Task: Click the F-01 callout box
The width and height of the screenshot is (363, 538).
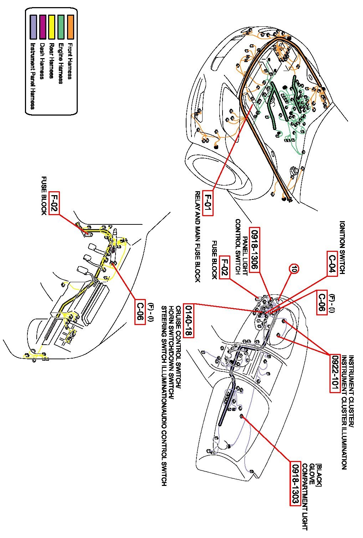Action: tap(208, 203)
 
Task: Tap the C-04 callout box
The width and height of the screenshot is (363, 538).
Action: tap(332, 263)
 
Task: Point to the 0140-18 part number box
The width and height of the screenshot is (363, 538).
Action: tap(188, 320)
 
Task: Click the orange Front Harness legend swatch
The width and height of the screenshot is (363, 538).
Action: tap(70, 27)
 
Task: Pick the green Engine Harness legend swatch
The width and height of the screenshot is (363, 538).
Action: tap(61, 27)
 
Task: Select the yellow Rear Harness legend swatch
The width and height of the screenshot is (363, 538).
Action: tap(52, 27)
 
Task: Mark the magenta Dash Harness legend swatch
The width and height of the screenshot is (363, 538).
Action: tap(42, 27)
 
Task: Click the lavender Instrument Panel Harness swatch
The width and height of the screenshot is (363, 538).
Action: tap(33, 27)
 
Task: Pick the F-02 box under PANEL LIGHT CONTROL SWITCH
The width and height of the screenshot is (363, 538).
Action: tap(225, 268)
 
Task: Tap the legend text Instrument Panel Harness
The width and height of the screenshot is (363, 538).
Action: tap(32, 76)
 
